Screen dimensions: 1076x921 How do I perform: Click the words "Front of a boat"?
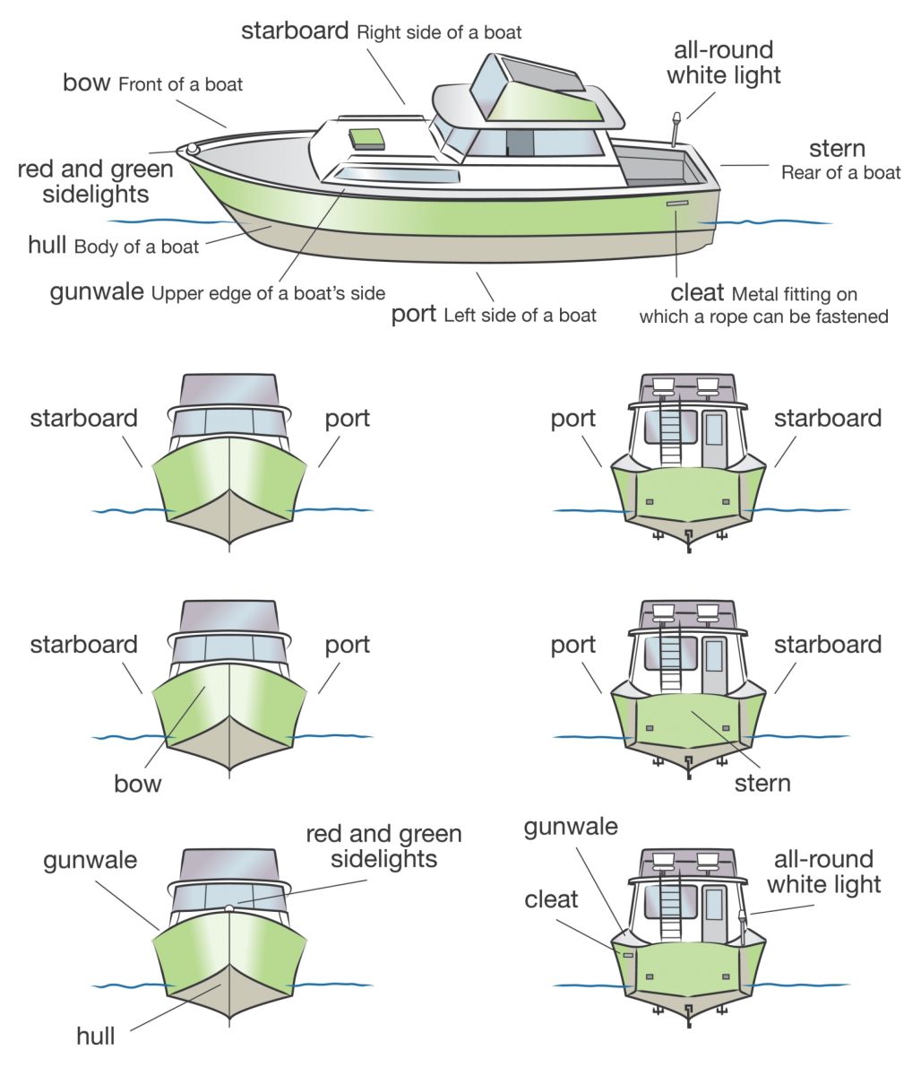click(180, 85)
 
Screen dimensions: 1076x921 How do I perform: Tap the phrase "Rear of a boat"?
click(840, 173)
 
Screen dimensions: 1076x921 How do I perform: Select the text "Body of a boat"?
click(137, 247)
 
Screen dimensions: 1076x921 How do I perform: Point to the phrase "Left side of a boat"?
click(520, 316)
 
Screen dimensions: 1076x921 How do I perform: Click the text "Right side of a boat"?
click(439, 32)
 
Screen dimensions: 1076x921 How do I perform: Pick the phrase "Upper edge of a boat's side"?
click(268, 293)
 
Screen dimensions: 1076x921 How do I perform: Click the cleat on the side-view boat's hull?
click(677, 205)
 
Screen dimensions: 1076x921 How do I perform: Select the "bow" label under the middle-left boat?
click(138, 784)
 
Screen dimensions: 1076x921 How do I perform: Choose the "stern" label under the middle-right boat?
click(762, 783)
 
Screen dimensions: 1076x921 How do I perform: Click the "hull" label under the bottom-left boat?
click(96, 1037)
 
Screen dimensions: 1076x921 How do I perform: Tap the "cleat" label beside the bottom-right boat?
click(551, 899)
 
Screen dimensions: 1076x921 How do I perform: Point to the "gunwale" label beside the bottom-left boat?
click(90, 861)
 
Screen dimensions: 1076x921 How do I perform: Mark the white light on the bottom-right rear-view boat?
click(742, 916)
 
